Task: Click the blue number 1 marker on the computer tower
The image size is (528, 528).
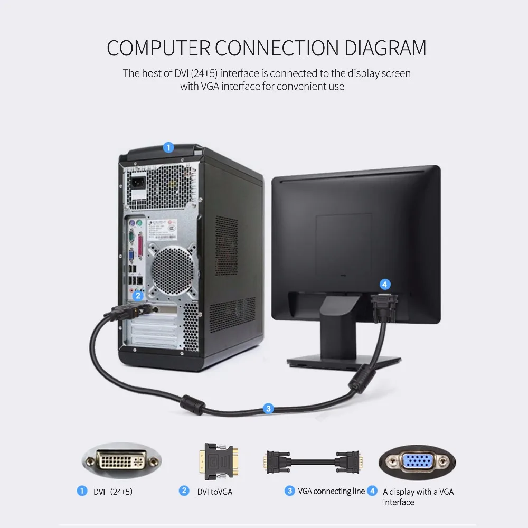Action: click(x=168, y=147)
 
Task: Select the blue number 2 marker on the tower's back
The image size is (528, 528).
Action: click(x=138, y=296)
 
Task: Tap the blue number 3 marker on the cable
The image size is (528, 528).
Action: click(x=268, y=408)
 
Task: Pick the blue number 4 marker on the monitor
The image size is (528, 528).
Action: click(x=385, y=285)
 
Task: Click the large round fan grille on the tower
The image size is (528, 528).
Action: click(x=173, y=269)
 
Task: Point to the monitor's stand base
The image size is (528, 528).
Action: click(x=344, y=362)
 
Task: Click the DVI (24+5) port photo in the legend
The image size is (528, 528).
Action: click(x=122, y=460)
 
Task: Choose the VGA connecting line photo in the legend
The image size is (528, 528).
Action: click(x=313, y=461)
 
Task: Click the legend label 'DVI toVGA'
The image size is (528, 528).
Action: click(x=214, y=492)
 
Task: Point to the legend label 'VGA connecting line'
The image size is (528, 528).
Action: click(x=332, y=492)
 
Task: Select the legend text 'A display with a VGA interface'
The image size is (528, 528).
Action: click(x=418, y=496)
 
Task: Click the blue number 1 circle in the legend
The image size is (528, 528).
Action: click(x=82, y=491)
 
